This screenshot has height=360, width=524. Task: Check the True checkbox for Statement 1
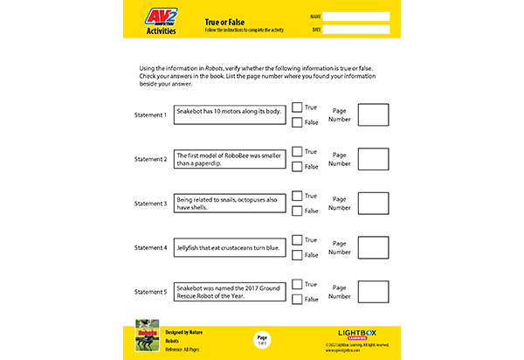(x=297, y=107)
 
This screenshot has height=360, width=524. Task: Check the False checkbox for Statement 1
(x=297, y=122)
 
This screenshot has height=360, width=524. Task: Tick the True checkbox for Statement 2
(x=297, y=152)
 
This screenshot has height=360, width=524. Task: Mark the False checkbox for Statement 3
(x=297, y=211)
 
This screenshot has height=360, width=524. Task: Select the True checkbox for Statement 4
(x=297, y=240)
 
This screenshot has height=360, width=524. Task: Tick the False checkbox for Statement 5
(x=297, y=299)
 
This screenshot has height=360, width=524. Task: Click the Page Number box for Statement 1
(x=373, y=115)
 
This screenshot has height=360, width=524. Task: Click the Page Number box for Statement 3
(x=373, y=204)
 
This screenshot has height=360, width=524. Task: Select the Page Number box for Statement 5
(x=373, y=292)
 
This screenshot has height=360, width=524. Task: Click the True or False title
(x=224, y=19)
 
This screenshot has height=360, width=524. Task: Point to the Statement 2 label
(x=150, y=160)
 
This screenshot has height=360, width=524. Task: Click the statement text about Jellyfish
(x=231, y=248)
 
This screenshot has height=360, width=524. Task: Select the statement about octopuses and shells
(x=231, y=204)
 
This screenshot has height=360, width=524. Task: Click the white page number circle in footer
(x=261, y=340)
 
